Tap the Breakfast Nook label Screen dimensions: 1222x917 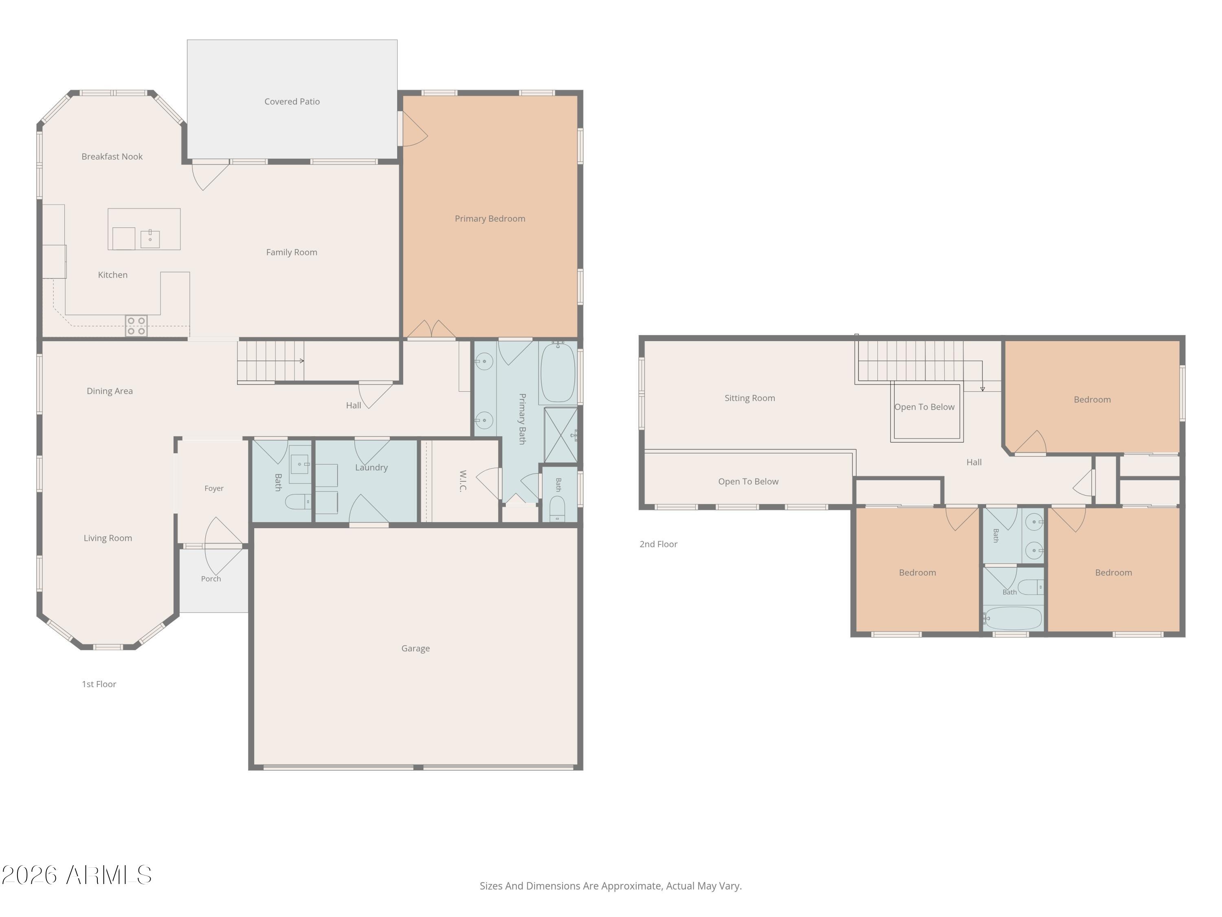pos(112,157)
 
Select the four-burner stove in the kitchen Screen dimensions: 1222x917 pos(136,326)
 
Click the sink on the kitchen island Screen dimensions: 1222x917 pos(150,239)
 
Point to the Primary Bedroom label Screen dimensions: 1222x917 pos(490,219)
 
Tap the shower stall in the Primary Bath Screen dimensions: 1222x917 pos(561,435)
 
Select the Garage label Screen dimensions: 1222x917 pos(415,648)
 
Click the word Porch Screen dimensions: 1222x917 pos(211,579)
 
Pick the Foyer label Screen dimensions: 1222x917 pos(214,489)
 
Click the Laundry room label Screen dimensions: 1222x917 pos(371,467)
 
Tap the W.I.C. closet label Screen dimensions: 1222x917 pos(463,481)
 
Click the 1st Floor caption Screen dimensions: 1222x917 pos(99,684)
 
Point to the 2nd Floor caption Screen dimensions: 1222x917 pos(659,544)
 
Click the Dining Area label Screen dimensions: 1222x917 pos(110,391)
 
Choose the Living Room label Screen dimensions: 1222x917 pos(108,538)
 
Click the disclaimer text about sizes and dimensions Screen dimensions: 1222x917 pos(611,886)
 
